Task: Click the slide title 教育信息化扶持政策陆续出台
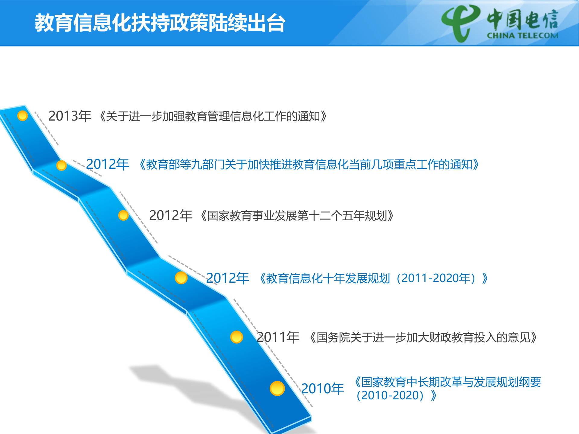pos(160,23)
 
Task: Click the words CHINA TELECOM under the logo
pos(523,36)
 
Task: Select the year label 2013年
pos(70,116)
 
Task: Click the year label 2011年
pos(278,337)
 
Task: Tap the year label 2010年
pos(322,389)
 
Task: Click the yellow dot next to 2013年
pos(23,115)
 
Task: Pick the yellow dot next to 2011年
pos(237,337)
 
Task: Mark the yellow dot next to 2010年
pos(277,388)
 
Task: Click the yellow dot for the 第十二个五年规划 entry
pos(123,215)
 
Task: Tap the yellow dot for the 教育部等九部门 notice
pos(62,165)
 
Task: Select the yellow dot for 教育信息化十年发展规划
pos(181,278)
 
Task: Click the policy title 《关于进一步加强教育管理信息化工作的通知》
pos(213,116)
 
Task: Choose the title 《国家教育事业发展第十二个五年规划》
pos(297,216)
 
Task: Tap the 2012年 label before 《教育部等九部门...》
pos(107,165)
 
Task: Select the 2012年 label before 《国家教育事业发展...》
pos(170,215)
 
